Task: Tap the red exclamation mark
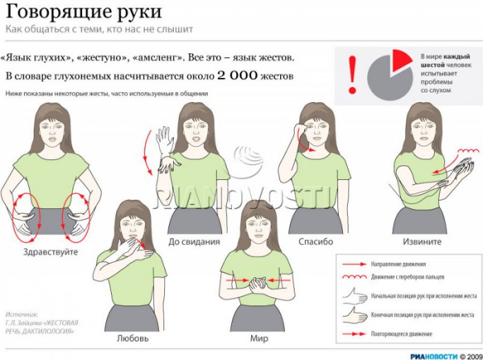(x=353, y=74)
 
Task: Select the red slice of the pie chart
(x=400, y=63)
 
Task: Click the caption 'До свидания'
(x=194, y=241)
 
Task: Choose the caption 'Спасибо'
(x=316, y=241)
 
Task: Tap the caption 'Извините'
(x=422, y=241)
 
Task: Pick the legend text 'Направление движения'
(x=399, y=264)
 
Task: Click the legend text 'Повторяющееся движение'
(x=402, y=334)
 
